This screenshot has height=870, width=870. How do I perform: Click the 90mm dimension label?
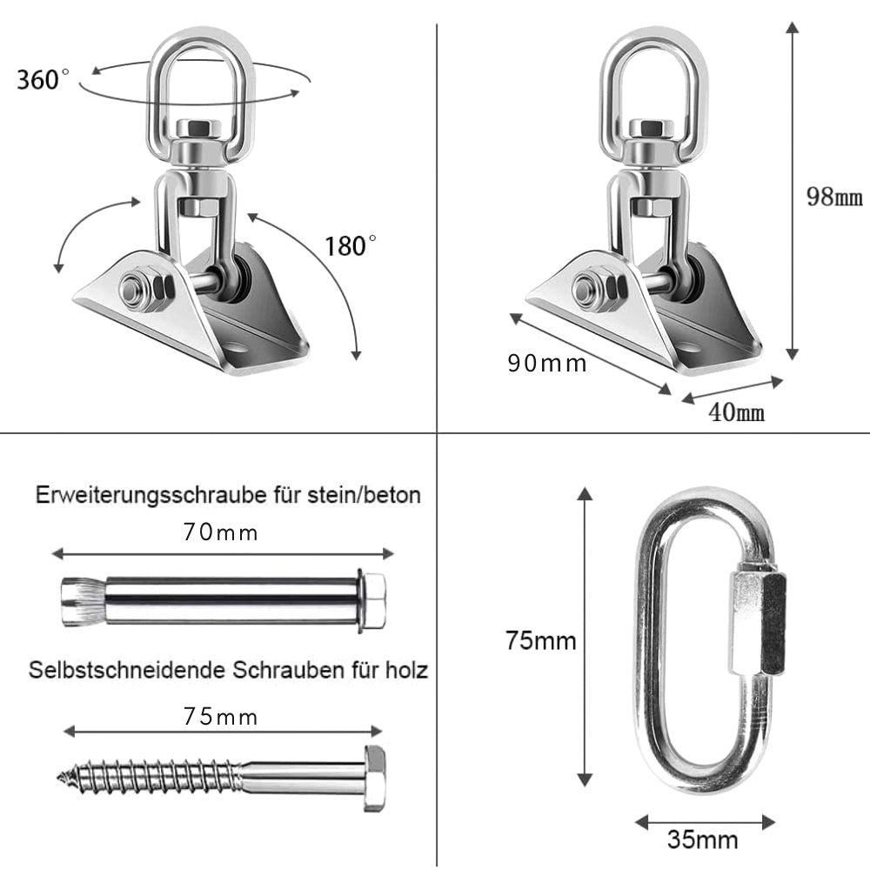point(547,363)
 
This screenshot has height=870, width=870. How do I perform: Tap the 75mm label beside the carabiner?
point(541,641)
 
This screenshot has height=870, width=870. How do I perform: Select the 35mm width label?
point(702,840)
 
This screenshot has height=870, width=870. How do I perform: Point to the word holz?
point(407,671)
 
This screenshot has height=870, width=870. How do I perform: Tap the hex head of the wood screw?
point(375,777)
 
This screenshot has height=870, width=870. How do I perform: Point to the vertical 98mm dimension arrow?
point(792,191)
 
